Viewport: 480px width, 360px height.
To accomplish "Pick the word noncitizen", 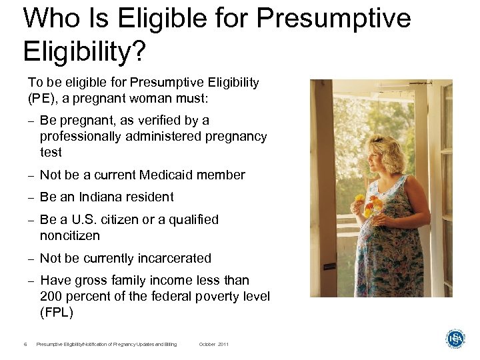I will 70,236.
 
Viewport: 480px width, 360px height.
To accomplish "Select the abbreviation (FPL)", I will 57,313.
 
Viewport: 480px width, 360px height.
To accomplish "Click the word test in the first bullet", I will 51,153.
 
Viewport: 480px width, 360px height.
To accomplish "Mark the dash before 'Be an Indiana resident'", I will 31,198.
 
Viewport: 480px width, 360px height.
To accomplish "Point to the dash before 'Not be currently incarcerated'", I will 31,259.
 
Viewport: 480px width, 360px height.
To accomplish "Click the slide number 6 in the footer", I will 25,344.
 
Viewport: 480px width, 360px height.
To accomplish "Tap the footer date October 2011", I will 213,344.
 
